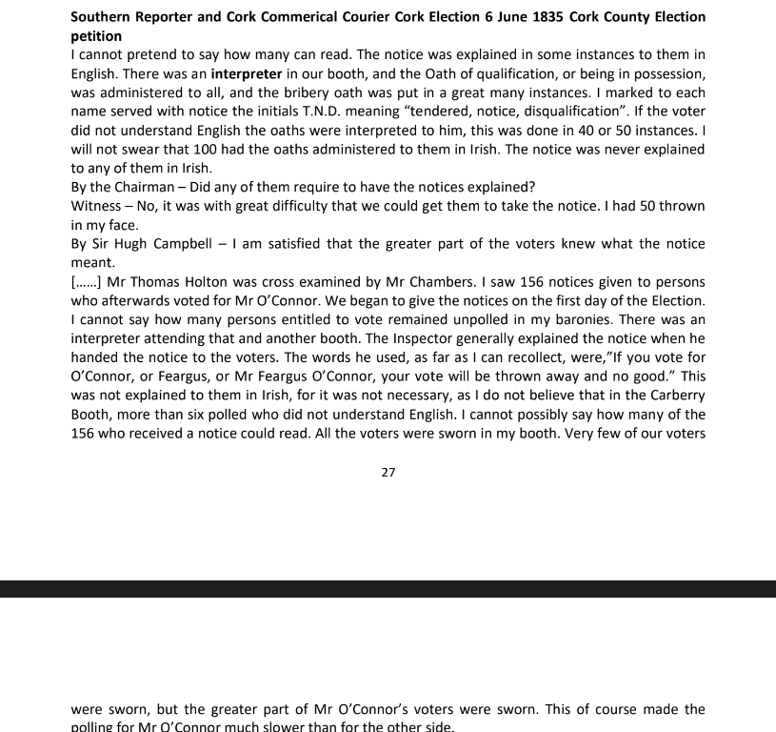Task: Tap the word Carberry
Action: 674,395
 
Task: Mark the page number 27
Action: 388,472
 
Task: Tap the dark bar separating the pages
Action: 388,589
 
